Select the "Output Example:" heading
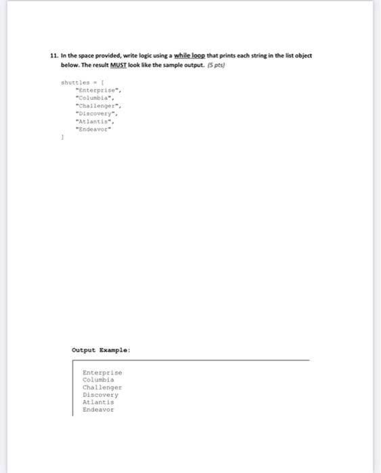101,351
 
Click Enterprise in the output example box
102,372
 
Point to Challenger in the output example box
102,387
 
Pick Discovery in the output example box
100,395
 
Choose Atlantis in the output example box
98,402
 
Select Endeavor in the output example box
98,409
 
